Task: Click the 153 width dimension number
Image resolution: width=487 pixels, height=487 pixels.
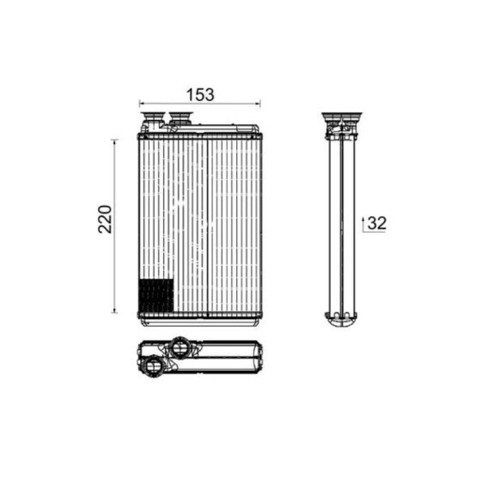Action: coord(200,94)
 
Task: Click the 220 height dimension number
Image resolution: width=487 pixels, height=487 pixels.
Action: coord(105,219)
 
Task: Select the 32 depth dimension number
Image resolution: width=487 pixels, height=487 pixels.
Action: coord(377,223)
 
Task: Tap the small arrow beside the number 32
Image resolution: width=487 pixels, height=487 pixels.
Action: coord(363,224)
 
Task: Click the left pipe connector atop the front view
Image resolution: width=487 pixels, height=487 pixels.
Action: coord(152,119)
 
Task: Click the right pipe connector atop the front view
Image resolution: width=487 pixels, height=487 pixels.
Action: coord(181,118)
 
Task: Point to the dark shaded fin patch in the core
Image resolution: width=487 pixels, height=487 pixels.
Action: coord(156,295)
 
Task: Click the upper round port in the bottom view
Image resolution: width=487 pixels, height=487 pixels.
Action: coord(179,347)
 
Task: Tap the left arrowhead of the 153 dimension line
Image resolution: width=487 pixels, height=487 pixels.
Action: coord(141,103)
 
